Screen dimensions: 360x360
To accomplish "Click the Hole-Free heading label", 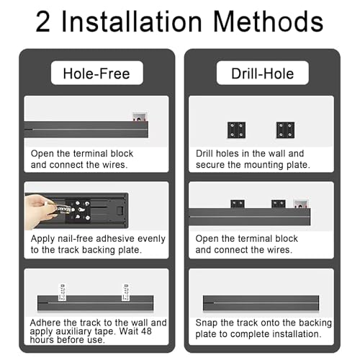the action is point(97,73).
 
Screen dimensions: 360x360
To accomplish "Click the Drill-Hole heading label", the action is point(263,73).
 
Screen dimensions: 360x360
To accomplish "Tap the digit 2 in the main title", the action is point(43,22).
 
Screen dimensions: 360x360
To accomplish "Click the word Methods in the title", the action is point(268,22).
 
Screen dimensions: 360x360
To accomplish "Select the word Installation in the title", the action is point(132,22).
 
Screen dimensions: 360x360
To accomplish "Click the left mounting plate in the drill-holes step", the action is point(236,130).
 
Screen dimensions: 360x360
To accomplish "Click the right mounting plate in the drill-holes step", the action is point(285,130).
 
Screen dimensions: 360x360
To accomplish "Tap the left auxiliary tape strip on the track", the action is point(62,292).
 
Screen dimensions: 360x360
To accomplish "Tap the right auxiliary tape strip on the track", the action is point(125,292).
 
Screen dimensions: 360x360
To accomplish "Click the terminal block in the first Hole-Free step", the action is point(140,117).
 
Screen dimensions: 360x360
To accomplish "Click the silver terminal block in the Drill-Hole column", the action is point(301,204).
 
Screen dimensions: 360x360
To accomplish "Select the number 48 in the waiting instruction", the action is point(146,331).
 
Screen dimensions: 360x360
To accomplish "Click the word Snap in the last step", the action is point(206,323).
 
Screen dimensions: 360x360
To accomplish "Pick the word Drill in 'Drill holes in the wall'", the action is point(204,153).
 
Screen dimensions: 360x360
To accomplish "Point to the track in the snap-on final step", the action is point(261,303).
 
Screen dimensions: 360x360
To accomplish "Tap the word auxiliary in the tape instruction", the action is point(73,331).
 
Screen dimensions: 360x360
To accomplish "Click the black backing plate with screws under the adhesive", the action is point(78,210).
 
